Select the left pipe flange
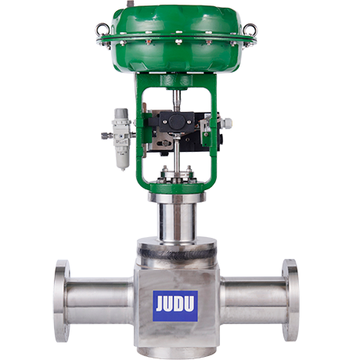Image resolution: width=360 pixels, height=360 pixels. (60, 300)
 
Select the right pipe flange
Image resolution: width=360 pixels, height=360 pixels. (290, 300)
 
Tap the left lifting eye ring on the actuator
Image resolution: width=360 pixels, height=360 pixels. (102, 30)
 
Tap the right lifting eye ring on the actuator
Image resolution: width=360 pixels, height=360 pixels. (249, 30)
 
